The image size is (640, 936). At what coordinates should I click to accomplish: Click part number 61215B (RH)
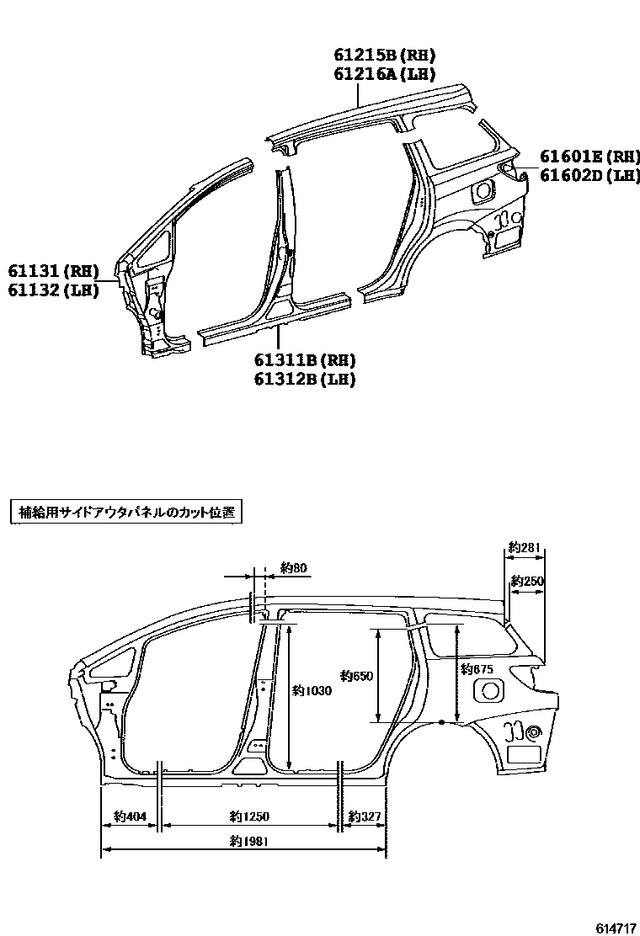point(384,56)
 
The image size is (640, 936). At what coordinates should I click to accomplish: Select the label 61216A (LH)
point(384,75)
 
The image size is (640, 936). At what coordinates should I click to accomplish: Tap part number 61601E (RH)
point(589,157)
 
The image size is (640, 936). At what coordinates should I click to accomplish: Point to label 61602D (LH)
point(589,175)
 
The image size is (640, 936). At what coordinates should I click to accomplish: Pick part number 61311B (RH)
point(304,360)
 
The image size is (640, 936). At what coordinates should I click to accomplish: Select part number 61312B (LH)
point(304,380)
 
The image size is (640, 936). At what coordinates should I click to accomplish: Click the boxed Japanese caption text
point(125,512)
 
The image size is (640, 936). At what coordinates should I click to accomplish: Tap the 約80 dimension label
point(294,568)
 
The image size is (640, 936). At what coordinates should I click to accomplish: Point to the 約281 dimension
point(526,549)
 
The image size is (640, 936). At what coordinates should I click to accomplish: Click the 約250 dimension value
point(527,582)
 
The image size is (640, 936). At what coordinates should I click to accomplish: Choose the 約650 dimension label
point(356,675)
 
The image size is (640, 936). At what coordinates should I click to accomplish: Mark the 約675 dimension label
point(477,669)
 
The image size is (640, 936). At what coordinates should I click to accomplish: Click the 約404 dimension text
point(130,816)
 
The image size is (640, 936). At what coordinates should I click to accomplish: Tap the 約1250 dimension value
point(249,816)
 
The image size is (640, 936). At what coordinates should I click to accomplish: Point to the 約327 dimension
point(365,816)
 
